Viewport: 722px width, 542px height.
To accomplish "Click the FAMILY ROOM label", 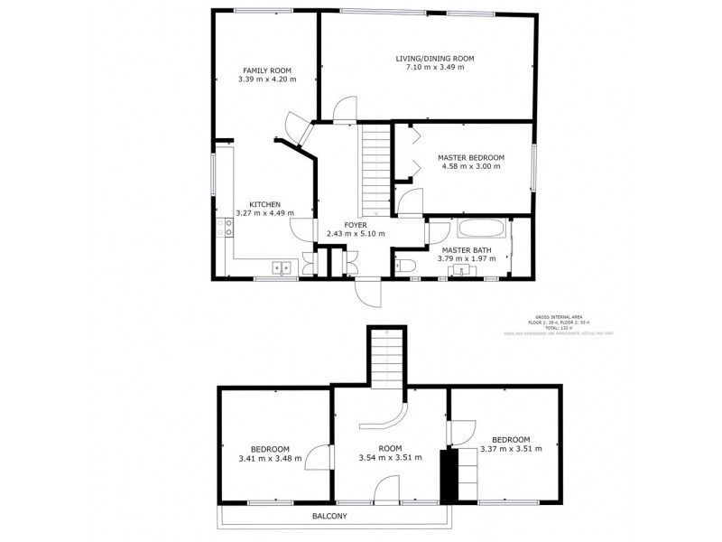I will coord(266,70).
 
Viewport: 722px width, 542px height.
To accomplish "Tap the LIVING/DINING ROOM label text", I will coord(434,59).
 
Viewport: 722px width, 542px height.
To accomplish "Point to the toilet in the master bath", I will coord(406,264).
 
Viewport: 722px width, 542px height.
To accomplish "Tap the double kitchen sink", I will coord(282,266).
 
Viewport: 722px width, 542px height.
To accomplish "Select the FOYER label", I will coord(356,224).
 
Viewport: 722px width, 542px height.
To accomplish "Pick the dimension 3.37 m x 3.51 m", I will coord(511,449).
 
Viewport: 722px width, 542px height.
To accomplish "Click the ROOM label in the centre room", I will coord(390,448).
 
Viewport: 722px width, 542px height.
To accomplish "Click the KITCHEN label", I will coord(264,204).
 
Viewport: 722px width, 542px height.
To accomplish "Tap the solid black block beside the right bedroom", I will coord(444,474).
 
